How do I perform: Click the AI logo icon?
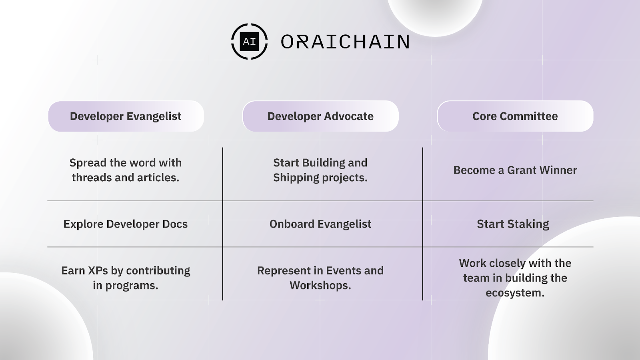tap(249, 42)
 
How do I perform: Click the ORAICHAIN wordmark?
tap(345, 42)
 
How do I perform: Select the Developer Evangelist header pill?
tap(126, 116)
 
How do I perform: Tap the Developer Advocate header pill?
tap(320, 116)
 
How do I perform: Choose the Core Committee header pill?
tap(515, 116)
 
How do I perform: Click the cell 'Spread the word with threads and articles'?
tap(126, 170)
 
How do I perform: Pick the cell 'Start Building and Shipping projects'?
tap(320, 170)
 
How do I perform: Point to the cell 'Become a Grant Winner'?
tap(515, 170)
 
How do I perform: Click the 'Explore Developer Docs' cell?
tap(126, 224)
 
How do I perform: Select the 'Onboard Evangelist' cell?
tap(320, 224)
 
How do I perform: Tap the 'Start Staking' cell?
tap(513, 224)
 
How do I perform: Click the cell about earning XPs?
tap(126, 278)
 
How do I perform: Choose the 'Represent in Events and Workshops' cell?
tap(320, 278)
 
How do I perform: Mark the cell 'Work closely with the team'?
tap(515, 278)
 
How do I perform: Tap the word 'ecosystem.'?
tap(515, 293)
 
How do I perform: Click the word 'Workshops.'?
tap(320, 285)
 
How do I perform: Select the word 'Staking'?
tap(528, 224)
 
